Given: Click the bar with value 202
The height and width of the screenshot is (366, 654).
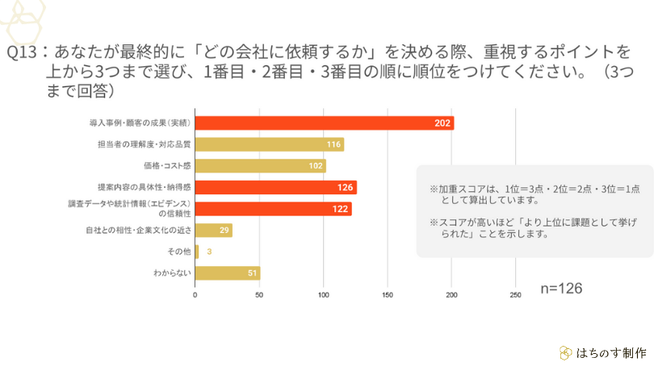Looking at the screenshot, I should click(324, 123).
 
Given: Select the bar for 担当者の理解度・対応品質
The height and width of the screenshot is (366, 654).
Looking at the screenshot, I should click(269, 144).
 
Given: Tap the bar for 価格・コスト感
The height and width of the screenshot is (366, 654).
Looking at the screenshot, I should click(260, 166).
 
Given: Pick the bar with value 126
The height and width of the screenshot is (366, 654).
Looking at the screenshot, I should click(275, 188).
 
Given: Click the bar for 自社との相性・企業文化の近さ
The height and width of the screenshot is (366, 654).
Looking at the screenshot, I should click(213, 231).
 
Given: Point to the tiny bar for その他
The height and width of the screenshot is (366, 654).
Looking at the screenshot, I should click(196, 252).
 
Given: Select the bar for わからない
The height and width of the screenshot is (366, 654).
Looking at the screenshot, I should click(227, 273).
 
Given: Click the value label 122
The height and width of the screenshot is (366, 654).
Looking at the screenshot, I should click(341, 210).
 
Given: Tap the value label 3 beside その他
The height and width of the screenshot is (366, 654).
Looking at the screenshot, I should click(208, 252).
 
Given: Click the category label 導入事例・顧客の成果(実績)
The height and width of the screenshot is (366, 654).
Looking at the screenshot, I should click(138, 123).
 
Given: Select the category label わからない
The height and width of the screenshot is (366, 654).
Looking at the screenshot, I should click(172, 273).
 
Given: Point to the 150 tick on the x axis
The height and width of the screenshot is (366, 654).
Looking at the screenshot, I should click(387, 295).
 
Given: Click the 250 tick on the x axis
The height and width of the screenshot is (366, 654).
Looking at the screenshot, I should click(515, 295).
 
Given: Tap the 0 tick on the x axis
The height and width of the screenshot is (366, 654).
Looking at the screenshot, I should click(195, 295).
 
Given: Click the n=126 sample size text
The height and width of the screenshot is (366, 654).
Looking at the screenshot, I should click(560, 288).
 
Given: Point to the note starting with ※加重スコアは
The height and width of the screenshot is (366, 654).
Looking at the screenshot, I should click(535, 193).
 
